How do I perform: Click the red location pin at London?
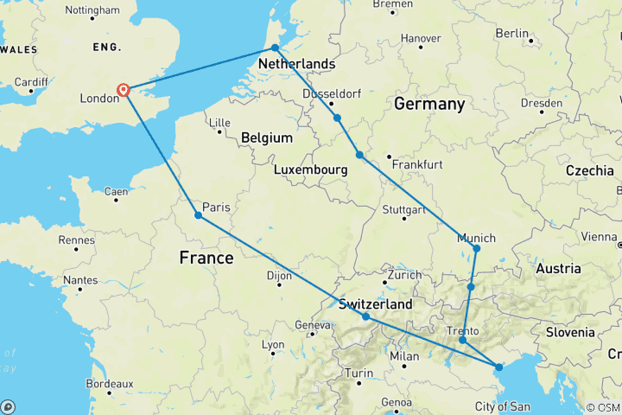(x=124, y=90)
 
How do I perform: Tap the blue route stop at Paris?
(x=199, y=215)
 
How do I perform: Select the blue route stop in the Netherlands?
(x=275, y=48)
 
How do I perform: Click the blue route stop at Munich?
(x=476, y=248)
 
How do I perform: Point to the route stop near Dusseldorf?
(x=337, y=118)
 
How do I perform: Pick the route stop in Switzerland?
(x=366, y=316)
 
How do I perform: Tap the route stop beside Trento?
(x=462, y=341)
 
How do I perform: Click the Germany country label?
(x=429, y=104)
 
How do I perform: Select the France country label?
(x=206, y=257)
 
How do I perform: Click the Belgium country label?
(x=267, y=138)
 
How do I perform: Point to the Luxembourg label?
(x=310, y=170)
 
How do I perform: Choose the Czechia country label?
(x=589, y=170)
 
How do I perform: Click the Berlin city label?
(x=511, y=33)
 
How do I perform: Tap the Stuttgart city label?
(x=403, y=210)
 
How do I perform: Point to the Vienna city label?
(x=600, y=236)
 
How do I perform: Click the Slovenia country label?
(x=569, y=332)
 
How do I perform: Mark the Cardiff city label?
(x=32, y=82)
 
